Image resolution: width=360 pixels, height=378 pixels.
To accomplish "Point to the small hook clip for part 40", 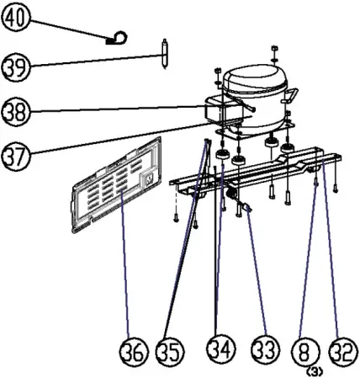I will pos(118,36).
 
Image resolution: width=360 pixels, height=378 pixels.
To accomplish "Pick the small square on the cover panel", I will pos(148,178).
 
